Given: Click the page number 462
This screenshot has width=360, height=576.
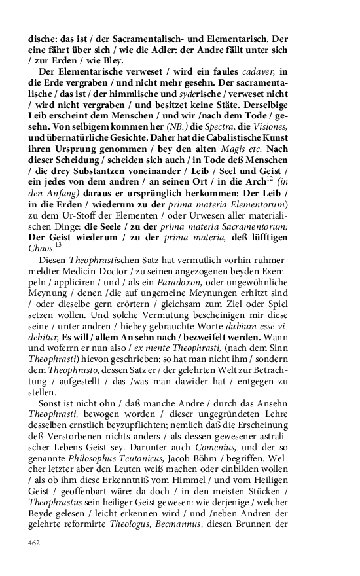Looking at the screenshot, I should point(34,543).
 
